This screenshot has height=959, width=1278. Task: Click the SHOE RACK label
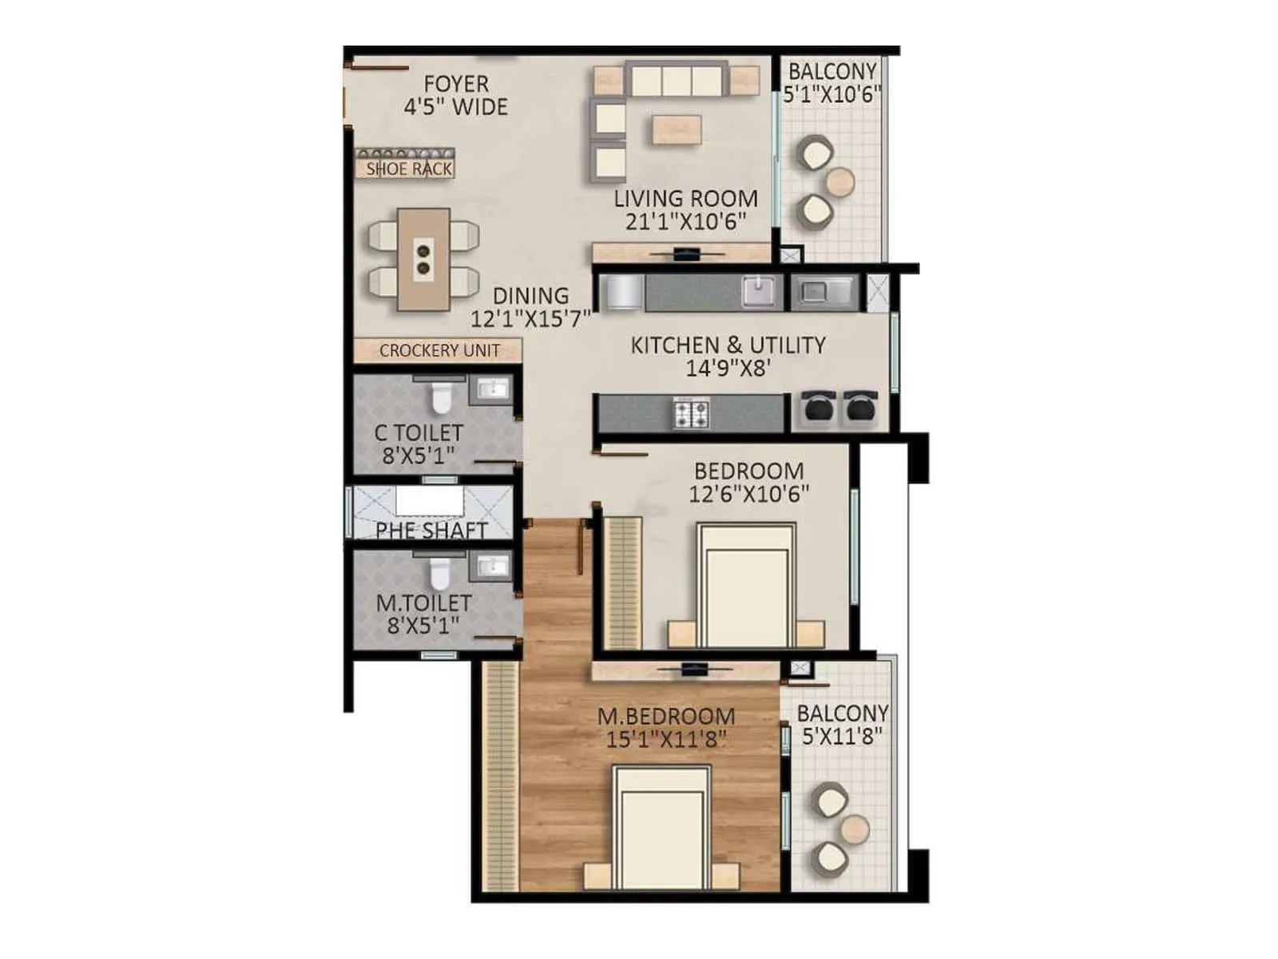click(x=408, y=169)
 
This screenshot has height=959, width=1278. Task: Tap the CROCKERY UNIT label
click(x=439, y=350)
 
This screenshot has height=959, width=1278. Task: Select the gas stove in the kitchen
click(x=692, y=413)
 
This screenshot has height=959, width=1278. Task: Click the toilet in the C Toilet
click(x=441, y=396)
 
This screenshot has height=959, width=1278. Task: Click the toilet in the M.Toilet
click(x=440, y=572)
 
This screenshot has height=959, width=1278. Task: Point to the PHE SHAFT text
click(x=431, y=530)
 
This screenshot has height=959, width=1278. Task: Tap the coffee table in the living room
click(x=677, y=129)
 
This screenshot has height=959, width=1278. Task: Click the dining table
click(x=423, y=259)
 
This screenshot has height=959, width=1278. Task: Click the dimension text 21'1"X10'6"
click(x=685, y=221)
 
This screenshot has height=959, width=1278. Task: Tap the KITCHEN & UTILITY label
click(x=728, y=345)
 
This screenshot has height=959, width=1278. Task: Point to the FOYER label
click(x=456, y=84)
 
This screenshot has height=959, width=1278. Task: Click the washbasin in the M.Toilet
click(x=491, y=567)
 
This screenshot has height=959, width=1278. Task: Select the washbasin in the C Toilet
click(x=492, y=390)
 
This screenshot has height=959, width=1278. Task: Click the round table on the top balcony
click(x=840, y=181)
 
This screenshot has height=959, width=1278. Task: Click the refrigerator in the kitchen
click(x=621, y=292)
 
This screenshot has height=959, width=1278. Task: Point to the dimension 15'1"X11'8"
click(x=666, y=739)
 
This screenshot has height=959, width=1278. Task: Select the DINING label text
click(x=530, y=296)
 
